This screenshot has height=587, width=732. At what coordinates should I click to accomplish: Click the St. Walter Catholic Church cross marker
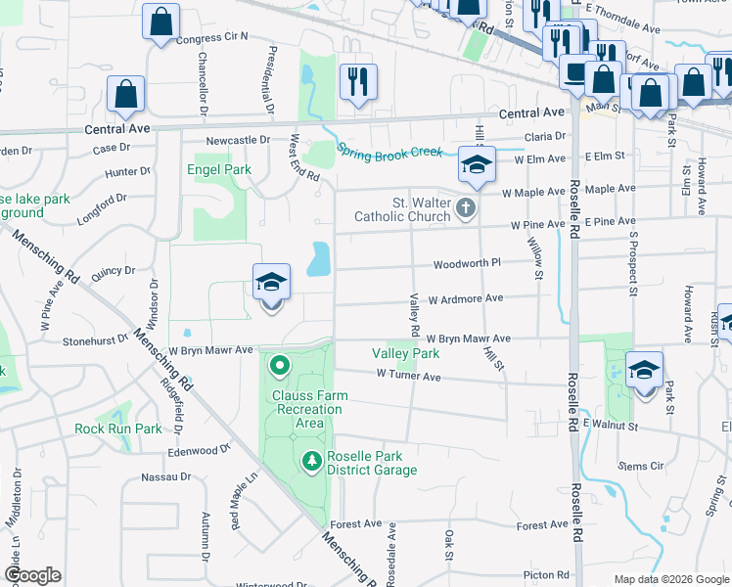pyautogui.click(x=465, y=207)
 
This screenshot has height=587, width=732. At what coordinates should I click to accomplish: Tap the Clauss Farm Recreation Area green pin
pyautogui.click(x=279, y=368)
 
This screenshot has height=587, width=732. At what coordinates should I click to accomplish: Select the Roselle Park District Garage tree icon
pyautogui.click(x=311, y=459)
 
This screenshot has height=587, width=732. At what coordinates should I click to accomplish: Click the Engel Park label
pyautogui.click(x=219, y=169)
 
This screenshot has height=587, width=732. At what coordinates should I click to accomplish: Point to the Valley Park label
pyautogui.click(x=405, y=353)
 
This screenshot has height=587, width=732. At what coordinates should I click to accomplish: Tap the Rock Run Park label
pyautogui.click(x=118, y=429)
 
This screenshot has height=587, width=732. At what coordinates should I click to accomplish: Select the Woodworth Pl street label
pyautogui.click(x=467, y=263)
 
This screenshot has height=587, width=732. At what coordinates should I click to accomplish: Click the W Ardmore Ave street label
pyautogui.click(x=465, y=297)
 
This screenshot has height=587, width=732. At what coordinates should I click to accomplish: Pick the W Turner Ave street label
pyautogui.click(x=408, y=376)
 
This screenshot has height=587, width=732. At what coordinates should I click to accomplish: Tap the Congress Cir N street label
pyautogui.click(x=213, y=37)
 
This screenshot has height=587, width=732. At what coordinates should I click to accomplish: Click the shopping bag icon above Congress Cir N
pyautogui.click(x=160, y=22)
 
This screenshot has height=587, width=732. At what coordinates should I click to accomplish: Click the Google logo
pyautogui.click(x=32, y=575)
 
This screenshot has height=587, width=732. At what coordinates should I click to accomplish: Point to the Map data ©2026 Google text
pyautogui.click(x=671, y=579)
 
